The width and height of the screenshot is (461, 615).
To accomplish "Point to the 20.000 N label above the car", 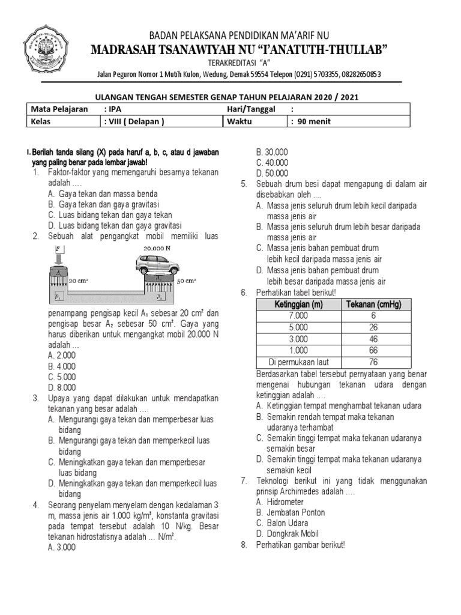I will [x=157, y=247].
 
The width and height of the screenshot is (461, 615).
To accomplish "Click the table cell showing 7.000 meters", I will [x=298, y=316].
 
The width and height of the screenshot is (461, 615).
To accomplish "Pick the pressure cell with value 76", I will [x=373, y=362].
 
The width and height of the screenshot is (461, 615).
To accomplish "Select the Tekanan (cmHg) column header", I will [x=373, y=304].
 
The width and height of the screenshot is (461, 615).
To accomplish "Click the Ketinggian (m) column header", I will [x=298, y=304].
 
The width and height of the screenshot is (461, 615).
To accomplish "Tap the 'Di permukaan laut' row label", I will [x=298, y=362].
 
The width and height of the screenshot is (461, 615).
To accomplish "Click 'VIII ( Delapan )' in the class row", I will [x=133, y=121].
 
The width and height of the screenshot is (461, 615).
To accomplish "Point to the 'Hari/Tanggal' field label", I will [x=251, y=109].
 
